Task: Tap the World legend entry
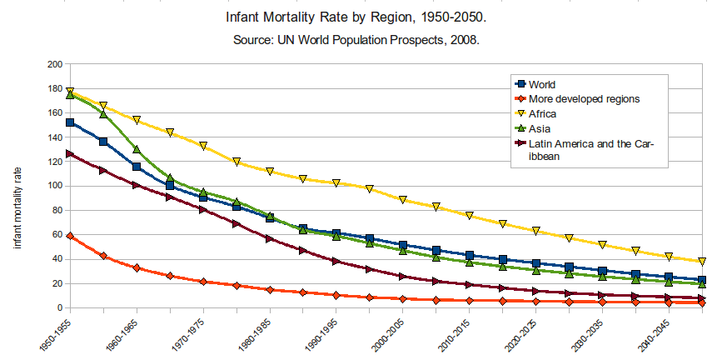pyautogui.click(x=542, y=84)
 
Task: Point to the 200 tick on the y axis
pyautogui.click(x=55, y=64)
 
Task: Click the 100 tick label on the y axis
pyautogui.click(x=55, y=186)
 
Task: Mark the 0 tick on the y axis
pyautogui.click(x=60, y=308)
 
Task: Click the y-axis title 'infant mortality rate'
pyautogui.click(x=17, y=206)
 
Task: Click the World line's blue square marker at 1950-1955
pyautogui.click(x=70, y=122)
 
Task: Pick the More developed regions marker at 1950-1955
pyautogui.click(x=70, y=236)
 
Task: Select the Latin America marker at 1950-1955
pyautogui.click(x=70, y=153)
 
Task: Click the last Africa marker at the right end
pyautogui.click(x=702, y=262)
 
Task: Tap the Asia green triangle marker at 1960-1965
pyautogui.click(x=137, y=150)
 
